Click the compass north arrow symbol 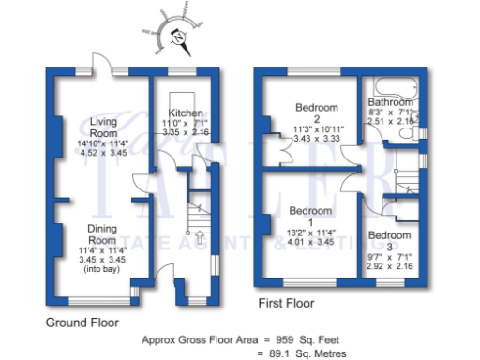click(x=179, y=38)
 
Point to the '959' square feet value click(x=281, y=339)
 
